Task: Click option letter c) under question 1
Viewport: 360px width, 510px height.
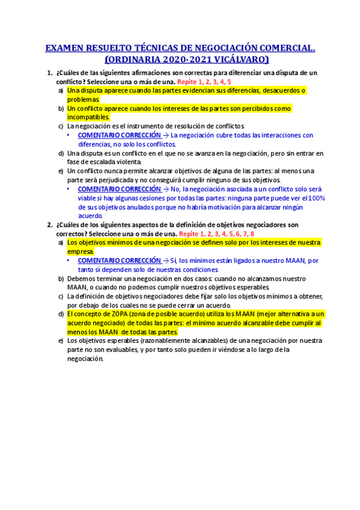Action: tap(61, 126)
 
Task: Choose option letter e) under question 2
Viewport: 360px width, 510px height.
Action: tap(61, 341)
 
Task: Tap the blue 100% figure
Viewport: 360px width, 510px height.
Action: tap(316, 198)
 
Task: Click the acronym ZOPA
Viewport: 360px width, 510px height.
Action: tap(114, 314)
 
